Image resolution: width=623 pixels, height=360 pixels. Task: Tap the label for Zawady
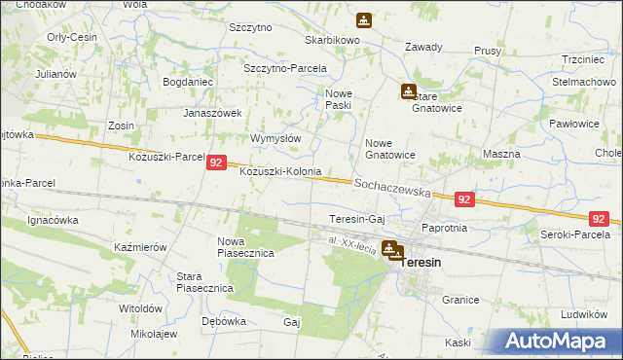click(423, 47)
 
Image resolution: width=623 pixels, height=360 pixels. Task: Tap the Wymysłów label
click(275, 138)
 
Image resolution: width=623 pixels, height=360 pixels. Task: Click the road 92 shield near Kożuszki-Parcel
click(217, 165)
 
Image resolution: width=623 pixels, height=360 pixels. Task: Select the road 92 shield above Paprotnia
click(463, 199)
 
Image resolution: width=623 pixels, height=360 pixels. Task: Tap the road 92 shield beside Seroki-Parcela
click(599, 219)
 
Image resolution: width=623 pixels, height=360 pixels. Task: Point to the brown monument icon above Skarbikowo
click(363, 19)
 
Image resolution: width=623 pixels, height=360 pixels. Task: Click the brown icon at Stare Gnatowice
click(408, 91)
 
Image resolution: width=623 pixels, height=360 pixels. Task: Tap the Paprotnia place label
click(444, 228)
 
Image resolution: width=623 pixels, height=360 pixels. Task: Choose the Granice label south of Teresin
click(459, 302)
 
